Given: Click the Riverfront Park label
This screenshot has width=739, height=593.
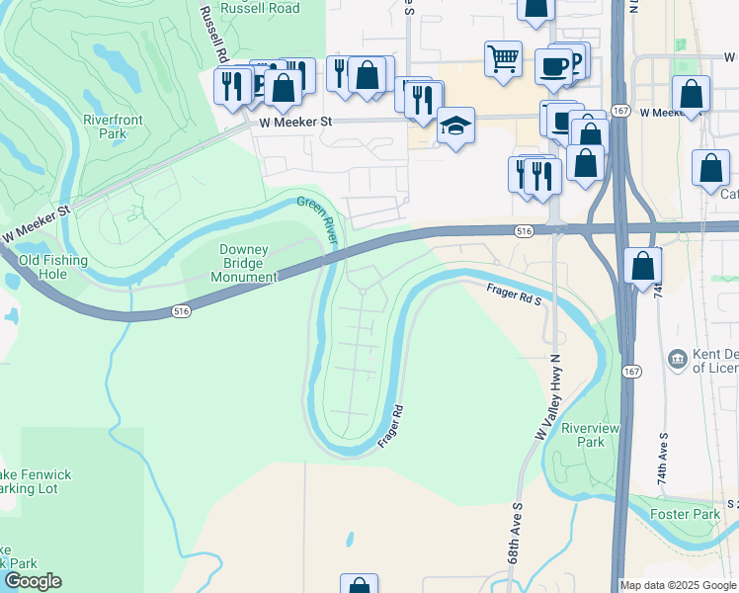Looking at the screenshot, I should point(113,127).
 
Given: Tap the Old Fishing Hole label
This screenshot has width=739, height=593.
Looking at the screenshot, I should point(53,268).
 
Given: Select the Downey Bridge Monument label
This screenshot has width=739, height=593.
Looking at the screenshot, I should point(244,264).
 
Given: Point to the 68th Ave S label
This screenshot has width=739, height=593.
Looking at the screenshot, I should point(515,548).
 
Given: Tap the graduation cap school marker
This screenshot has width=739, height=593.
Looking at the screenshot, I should point(455,126).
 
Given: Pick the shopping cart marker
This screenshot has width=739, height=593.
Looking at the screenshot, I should point(503,57).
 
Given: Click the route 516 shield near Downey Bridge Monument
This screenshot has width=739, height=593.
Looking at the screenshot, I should point(181,310).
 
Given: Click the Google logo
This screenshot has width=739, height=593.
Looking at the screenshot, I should point(33,581).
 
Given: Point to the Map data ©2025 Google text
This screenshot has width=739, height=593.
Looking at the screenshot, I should point(678,585).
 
